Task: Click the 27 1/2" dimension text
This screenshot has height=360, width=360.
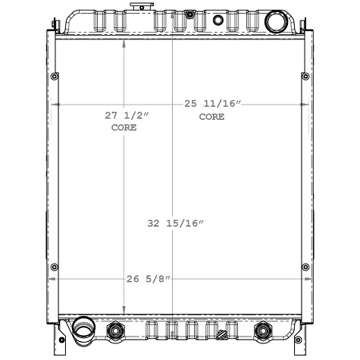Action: (x=127, y=115)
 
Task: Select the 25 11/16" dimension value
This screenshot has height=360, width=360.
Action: (x=213, y=103)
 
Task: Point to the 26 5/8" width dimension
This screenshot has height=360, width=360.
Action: (x=149, y=279)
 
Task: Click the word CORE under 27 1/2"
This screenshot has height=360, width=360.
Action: (x=124, y=129)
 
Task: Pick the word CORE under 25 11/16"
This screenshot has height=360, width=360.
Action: (x=211, y=117)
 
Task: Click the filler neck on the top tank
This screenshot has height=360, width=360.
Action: (x=139, y=8)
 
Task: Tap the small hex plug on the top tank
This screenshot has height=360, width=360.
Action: (x=189, y=14)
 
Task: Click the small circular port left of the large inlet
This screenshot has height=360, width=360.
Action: (x=218, y=20)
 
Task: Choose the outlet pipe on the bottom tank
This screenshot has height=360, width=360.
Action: (x=81, y=330)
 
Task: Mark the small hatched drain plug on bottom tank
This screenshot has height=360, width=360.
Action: (x=221, y=333)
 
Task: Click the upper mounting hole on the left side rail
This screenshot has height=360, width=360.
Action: (x=54, y=77)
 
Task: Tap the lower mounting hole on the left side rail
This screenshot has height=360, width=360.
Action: (x=54, y=266)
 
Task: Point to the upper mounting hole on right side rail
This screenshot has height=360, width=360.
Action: (x=305, y=77)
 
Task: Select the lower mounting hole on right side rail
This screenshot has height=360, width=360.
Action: (x=305, y=266)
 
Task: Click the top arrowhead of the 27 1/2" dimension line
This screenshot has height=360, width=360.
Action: (x=125, y=42)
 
